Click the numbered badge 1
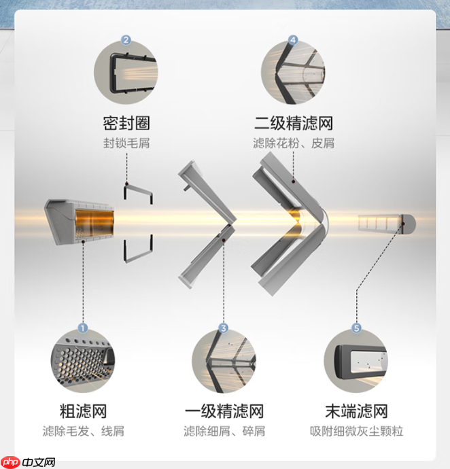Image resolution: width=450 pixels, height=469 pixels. coord(83,328)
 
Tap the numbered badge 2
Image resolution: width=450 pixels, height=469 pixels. coord(126,40)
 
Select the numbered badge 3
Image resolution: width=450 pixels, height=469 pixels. coord(223,328)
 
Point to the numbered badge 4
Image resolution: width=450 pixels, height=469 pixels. coord(293,40)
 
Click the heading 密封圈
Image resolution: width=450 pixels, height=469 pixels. coord(126,123)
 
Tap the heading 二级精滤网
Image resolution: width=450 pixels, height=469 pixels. coord(293,123)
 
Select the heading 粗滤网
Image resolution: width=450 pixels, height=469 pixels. coord(83,411)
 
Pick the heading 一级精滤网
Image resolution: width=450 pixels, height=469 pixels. coord(224,411)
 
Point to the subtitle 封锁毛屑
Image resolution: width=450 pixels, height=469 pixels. coord(126,143)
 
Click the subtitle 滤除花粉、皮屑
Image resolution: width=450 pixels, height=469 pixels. coord(293,143)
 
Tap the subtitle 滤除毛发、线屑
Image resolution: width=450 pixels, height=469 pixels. coord(83,431)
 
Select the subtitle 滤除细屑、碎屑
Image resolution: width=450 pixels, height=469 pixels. coord(224,431)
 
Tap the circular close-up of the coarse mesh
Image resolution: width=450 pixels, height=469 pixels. coord(83,361)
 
